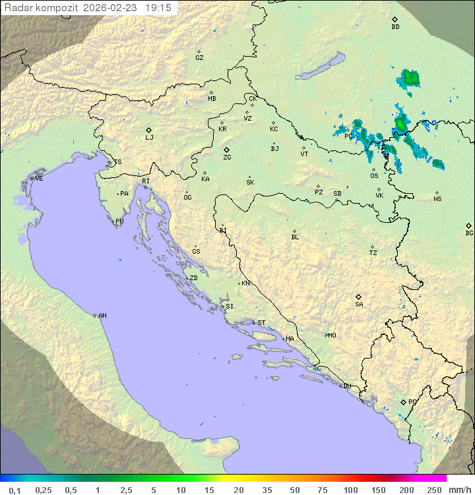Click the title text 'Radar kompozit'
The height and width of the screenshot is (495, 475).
[x=42, y=8]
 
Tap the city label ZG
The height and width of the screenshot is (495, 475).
[x=227, y=158]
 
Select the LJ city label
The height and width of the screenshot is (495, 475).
[x=149, y=137]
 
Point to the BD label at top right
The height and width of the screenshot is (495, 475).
[x=395, y=27]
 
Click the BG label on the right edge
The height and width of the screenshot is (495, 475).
[x=469, y=233]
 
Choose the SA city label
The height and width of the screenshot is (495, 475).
[x=359, y=304]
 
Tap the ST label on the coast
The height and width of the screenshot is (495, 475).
[x=261, y=323]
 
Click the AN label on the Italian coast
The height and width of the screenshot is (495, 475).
[x=102, y=316]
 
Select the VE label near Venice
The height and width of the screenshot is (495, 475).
[x=39, y=179]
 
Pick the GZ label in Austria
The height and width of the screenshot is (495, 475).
[x=199, y=58]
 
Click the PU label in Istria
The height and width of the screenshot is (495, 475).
[x=119, y=221]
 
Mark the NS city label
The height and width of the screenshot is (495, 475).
[x=437, y=199]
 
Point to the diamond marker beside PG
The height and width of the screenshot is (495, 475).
[x=403, y=401]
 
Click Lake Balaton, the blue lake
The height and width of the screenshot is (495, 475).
[x=320, y=67]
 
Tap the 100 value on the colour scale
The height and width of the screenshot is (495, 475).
[x=350, y=490]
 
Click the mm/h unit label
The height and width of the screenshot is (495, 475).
[x=460, y=490]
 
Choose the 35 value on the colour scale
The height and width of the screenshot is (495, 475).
[x=267, y=490]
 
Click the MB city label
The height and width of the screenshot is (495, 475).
[x=212, y=99]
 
